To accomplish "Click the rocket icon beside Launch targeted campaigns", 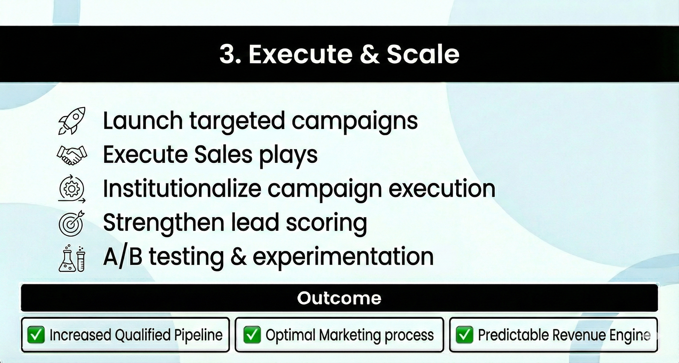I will click(x=72, y=121).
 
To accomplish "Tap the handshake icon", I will click(x=72, y=155).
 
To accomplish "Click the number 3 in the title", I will click(x=227, y=54).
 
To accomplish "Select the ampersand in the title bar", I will click(x=370, y=54).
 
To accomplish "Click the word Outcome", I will click(x=339, y=298).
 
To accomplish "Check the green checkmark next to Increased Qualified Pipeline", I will click(x=36, y=335).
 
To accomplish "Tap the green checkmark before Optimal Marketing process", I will click(x=252, y=335).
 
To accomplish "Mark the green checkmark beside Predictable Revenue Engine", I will click(x=464, y=335).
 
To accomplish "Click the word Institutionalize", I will click(x=182, y=189).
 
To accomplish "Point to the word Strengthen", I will click(x=164, y=223).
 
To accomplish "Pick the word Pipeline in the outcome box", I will click(x=198, y=335).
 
